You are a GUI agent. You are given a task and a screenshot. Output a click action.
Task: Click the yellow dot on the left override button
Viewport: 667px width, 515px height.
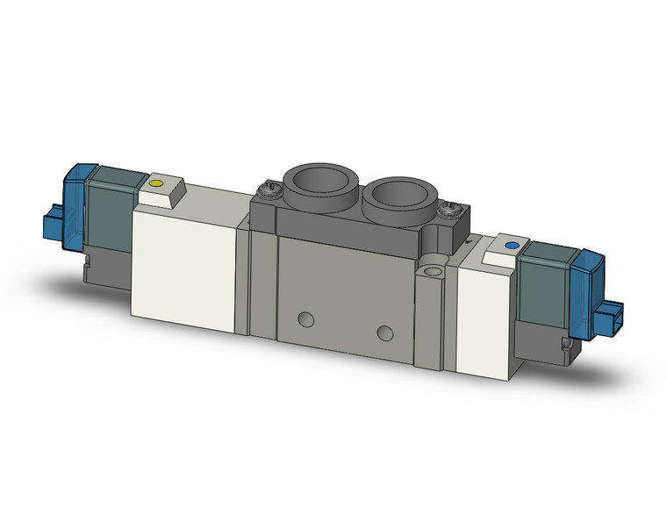[x=157, y=184]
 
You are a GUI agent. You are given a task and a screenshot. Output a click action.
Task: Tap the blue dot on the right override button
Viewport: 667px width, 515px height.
[x=512, y=247]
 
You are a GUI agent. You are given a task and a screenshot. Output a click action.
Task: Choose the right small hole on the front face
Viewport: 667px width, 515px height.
[x=384, y=332]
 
